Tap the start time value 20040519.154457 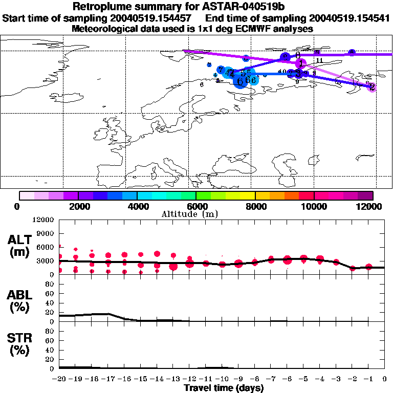[x=156, y=18]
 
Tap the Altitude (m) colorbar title [x=196, y=213]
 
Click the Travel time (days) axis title [x=224, y=388]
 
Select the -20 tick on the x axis [x=59, y=379]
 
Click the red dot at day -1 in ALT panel [x=369, y=267]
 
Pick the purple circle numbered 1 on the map [x=301, y=63]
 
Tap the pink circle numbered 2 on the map [x=372, y=87]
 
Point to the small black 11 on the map [x=319, y=60]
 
